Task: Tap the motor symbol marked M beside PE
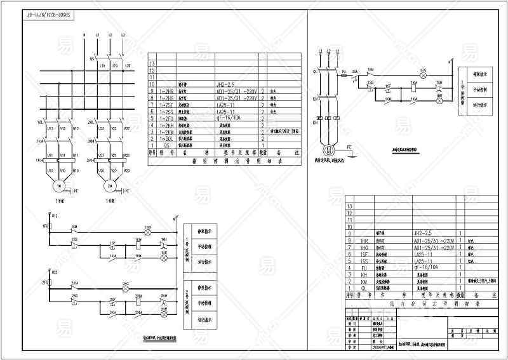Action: (330, 151)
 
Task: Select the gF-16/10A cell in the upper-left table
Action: (231, 118)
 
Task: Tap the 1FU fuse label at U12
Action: (46, 226)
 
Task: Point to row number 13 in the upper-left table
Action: (152, 63)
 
